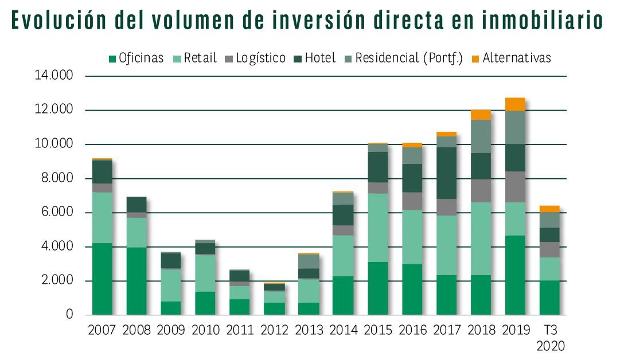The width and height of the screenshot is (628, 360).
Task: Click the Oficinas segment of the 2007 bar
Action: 102,279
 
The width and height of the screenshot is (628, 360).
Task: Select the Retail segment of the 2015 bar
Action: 377,228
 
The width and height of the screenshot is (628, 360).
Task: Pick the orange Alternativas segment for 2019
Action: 515,104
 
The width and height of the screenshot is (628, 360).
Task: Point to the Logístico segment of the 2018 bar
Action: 481,191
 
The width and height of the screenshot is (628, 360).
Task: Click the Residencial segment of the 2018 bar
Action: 481,136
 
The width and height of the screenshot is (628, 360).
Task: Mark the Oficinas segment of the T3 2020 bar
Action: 549,298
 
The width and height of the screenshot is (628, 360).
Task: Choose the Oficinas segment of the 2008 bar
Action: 136,281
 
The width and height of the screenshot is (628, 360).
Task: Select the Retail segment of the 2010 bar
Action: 205,273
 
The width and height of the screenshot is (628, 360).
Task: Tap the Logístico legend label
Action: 260,58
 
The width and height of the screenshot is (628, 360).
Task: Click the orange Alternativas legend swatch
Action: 475,58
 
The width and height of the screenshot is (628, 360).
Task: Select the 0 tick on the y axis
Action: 69,314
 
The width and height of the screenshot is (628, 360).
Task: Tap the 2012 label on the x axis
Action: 274,330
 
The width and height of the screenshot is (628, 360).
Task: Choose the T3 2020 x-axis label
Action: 550,338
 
